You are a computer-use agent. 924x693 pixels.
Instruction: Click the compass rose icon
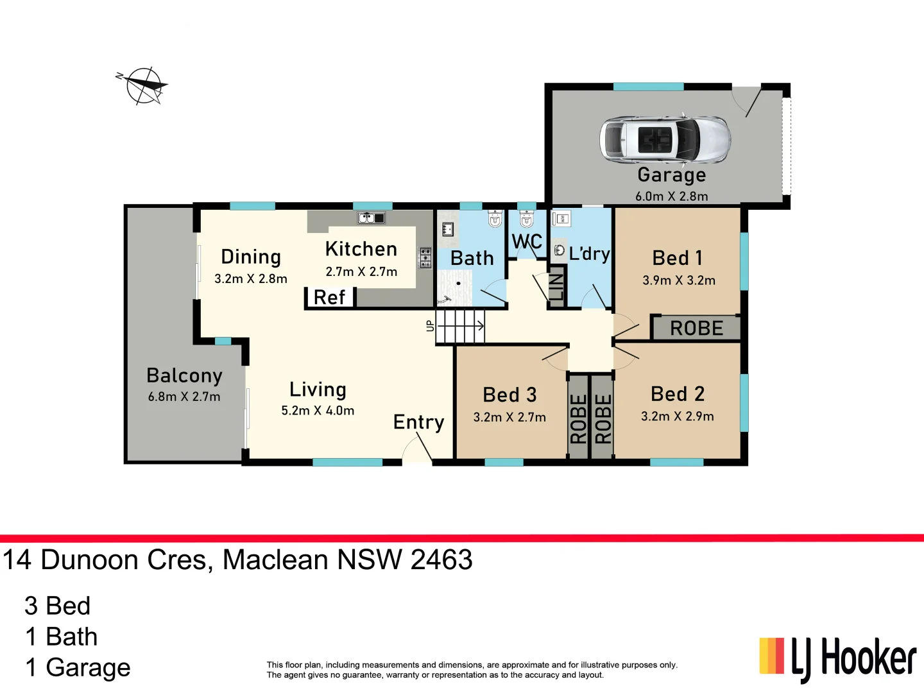pyautogui.click(x=145, y=85)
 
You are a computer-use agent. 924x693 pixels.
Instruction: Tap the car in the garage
pyautogui.click(x=664, y=139)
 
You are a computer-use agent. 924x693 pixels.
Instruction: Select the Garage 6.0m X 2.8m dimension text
pyautogui.click(x=671, y=196)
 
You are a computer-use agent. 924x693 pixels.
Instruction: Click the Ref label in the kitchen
pyautogui.click(x=329, y=298)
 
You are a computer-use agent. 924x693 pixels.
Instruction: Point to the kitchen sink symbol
pyautogui.click(x=371, y=218)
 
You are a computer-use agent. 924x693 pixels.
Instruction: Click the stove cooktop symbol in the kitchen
pyautogui.click(x=425, y=257)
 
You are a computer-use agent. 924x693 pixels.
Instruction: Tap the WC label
pyautogui.click(x=527, y=242)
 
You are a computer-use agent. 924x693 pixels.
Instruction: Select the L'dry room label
pyautogui.click(x=589, y=254)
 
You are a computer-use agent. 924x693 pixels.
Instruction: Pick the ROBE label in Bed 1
pyautogui.click(x=696, y=329)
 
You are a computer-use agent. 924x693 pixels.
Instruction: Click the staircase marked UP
pyautogui.click(x=460, y=326)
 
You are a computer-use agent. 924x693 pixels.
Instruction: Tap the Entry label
pyautogui.click(x=418, y=422)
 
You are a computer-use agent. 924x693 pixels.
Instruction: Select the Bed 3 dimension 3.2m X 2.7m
pyautogui.click(x=509, y=418)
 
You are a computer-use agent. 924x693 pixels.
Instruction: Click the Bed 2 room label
pyautogui.click(x=677, y=394)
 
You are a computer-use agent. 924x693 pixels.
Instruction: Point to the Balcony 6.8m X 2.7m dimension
pyautogui.click(x=184, y=397)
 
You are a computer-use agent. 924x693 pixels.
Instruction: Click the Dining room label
pyautogui.click(x=251, y=257)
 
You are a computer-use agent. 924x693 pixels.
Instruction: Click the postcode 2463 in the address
pyautogui.click(x=441, y=560)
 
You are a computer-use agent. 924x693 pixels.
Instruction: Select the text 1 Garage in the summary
pyautogui.click(x=78, y=667)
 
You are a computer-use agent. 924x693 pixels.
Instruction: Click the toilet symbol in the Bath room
pyautogui.click(x=495, y=219)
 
